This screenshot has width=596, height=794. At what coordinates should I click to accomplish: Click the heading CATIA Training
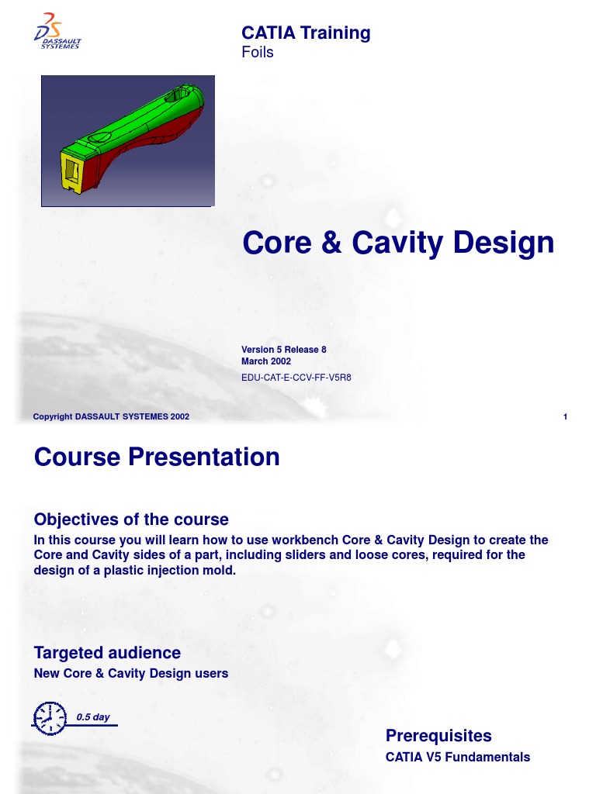[306, 33]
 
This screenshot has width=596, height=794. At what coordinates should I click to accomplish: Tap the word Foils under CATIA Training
[258, 53]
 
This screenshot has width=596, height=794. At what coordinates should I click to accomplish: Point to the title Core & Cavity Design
[398, 243]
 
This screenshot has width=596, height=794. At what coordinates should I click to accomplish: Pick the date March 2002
[266, 361]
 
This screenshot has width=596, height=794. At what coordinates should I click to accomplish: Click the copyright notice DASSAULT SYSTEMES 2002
[111, 416]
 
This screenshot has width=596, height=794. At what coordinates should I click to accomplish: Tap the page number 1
[566, 417]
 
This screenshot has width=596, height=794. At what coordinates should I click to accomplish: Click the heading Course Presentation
[157, 457]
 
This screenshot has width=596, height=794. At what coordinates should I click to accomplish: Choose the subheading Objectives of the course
[131, 519]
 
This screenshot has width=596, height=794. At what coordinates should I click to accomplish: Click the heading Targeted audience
[107, 653]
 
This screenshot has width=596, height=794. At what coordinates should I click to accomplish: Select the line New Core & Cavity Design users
[131, 673]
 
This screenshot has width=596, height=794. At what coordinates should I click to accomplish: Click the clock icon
[48, 717]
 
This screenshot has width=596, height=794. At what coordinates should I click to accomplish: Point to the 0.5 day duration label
[92, 717]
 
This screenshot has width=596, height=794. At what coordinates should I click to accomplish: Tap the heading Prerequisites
[438, 735]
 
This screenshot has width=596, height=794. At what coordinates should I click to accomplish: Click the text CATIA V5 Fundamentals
[458, 757]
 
